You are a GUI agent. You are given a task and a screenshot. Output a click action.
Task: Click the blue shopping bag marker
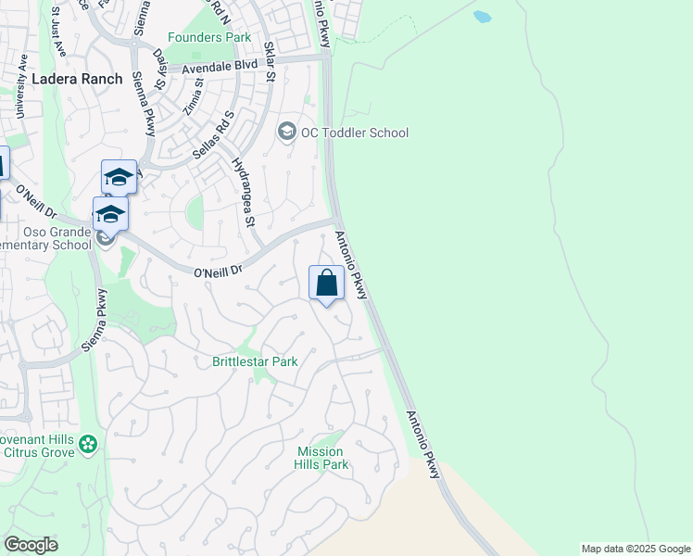(x=326, y=283)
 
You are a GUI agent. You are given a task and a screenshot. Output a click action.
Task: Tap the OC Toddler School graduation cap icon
(x=286, y=133)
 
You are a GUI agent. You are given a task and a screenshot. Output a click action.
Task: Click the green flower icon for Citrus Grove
(x=88, y=445)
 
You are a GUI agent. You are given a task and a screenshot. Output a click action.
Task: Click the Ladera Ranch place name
(x=77, y=79)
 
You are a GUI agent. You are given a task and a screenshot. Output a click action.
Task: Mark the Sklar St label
(x=271, y=61)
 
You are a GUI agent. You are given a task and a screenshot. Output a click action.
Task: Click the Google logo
(x=31, y=545)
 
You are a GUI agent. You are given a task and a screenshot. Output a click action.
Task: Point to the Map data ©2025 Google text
(x=636, y=549)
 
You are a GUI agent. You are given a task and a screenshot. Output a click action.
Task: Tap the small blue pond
(x=482, y=16)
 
